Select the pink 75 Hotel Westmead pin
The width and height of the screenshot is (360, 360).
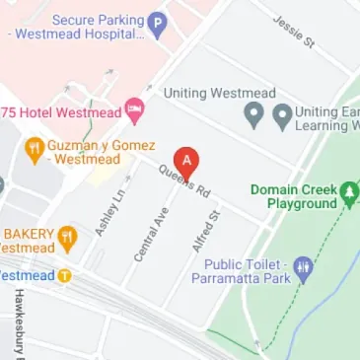pos(134,112)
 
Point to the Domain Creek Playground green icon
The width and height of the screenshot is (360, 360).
pos(349,189)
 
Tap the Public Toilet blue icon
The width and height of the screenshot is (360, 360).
pos(304,266)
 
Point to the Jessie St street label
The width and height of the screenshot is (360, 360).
pos(295,31)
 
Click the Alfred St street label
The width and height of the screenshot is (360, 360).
pos(206,233)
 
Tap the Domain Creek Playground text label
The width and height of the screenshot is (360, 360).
pos(294,196)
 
